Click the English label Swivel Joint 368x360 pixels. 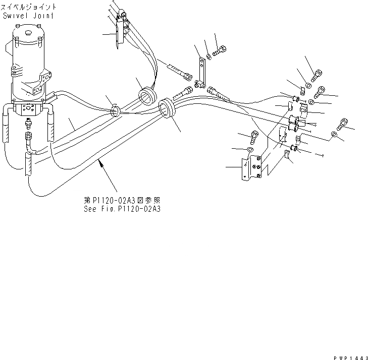tap(29, 16)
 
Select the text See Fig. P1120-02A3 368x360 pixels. tap(123, 207)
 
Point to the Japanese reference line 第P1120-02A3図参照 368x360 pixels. tap(123, 199)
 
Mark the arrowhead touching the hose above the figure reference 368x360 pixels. tap(100, 161)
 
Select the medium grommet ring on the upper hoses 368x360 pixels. tap(147, 95)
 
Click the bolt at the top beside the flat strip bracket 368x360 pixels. tap(220, 51)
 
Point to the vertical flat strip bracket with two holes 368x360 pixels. tap(201, 71)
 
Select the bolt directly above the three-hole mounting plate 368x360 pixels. tap(255, 135)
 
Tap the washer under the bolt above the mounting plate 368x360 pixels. tap(251, 149)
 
